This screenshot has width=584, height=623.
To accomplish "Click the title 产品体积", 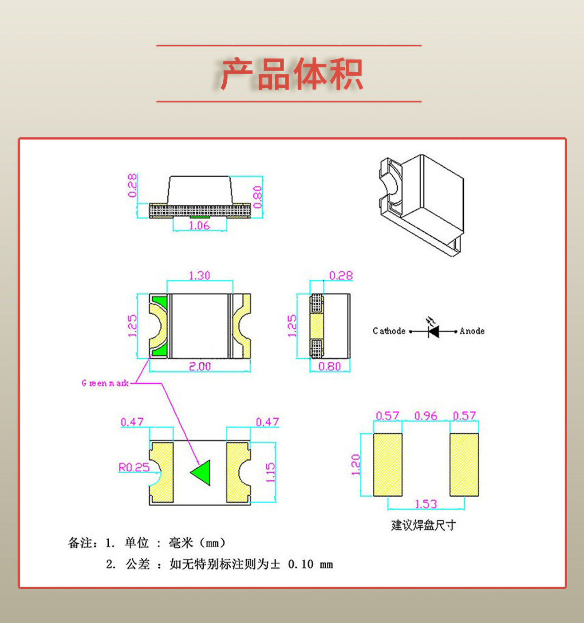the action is pos(292,74).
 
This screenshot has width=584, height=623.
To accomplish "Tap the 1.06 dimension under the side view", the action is pos(199,225).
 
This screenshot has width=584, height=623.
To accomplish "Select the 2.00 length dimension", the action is pos(200,366).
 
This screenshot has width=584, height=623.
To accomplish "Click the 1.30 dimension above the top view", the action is pos(199,276).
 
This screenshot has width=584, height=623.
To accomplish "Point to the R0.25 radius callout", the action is pos(134,467).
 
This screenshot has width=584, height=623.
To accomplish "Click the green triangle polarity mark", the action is pos(202,473).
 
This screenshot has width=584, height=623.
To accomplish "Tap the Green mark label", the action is pos(105,383).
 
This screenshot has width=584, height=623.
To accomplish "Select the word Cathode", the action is pos(389,331).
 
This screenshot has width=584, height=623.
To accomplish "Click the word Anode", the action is pos(472,331).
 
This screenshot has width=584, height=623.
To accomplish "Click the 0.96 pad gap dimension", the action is pos(426,416).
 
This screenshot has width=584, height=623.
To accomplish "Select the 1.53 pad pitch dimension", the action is pos(426,504).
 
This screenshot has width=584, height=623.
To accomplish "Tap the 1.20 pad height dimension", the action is pos(355,464).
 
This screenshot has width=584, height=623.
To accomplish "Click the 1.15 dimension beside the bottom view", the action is pos(270,472).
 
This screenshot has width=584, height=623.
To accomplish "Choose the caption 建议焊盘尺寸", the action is pos(423,525).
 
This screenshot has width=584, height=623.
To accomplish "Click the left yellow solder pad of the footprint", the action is pos(387,464).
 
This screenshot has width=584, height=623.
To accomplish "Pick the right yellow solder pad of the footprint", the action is pos(464,464).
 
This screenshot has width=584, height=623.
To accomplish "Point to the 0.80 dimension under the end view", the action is pos(329,366).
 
